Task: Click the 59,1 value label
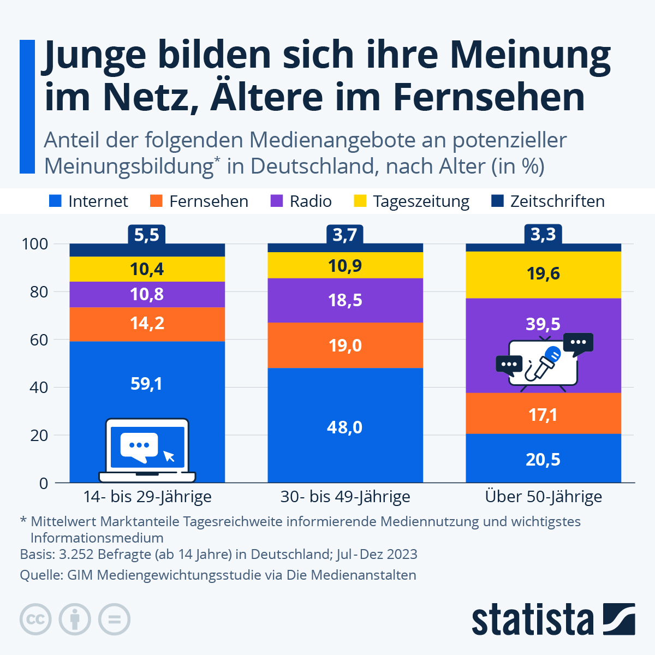click(146, 384)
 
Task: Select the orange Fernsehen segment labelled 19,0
click(345, 345)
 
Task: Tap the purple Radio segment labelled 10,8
click(147, 294)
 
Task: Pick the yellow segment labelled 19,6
click(543, 273)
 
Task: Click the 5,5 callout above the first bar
click(147, 235)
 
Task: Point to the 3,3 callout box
click(543, 235)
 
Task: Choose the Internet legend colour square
click(55, 201)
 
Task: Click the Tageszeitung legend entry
click(421, 201)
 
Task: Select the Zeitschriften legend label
click(557, 201)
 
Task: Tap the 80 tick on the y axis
click(35, 291)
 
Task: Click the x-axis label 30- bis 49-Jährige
click(345, 497)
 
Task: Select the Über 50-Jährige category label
click(544, 497)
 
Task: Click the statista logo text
click(532, 620)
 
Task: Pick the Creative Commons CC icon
click(36, 620)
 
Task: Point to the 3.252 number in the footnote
click(77, 554)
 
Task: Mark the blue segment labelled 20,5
click(543, 459)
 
